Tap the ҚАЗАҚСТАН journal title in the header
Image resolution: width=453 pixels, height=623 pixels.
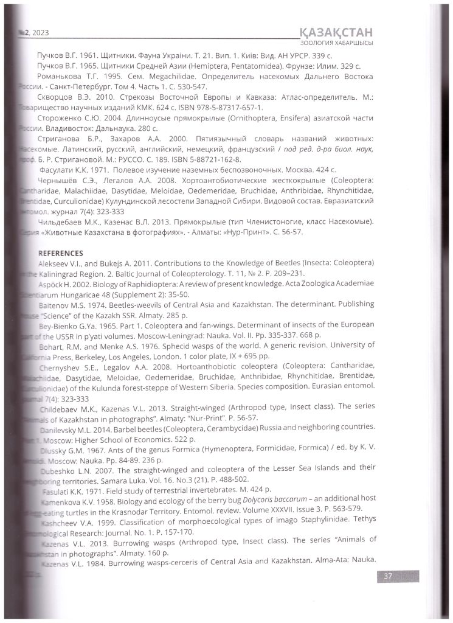coord(333,32)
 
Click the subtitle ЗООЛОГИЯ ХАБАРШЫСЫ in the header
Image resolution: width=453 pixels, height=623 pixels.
coord(337,43)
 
